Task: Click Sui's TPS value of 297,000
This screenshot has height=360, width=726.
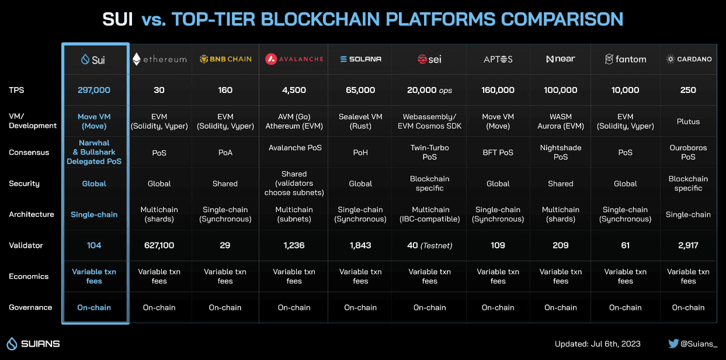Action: tap(94, 90)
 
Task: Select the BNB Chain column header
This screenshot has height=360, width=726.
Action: tap(225, 59)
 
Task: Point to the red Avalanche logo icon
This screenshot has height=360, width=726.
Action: tap(271, 59)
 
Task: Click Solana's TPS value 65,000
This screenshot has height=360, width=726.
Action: tap(360, 90)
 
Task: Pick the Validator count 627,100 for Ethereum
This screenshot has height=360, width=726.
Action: tap(159, 245)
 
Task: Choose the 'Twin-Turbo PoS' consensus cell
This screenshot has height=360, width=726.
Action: tap(429, 152)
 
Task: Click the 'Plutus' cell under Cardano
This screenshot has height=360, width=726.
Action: tap(688, 122)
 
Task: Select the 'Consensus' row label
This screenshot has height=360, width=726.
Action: tap(29, 153)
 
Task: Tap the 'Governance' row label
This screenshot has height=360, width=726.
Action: tap(30, 307)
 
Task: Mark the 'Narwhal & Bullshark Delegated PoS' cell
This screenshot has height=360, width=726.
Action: tap(94, 152)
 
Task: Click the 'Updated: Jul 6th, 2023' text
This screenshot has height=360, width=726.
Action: tap(598, 344)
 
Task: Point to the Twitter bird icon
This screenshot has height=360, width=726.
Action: tap(673, 344)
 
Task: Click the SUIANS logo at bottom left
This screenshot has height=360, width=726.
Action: tap(33, 344)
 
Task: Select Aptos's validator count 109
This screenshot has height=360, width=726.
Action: tap(498, 245)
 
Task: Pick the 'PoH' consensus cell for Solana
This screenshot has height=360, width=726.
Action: tap(360, 153)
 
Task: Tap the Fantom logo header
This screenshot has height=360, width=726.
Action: tap(626, 59)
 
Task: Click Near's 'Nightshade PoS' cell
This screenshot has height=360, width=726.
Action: tap(560, 152)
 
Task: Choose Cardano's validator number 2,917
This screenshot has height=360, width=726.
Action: tap(688, 245)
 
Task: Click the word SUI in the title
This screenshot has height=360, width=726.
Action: tap(117, 19)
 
